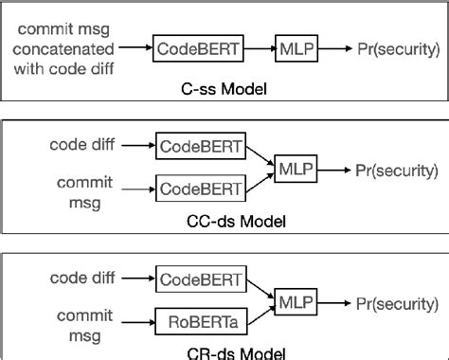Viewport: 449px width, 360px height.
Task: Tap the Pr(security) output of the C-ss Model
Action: [397, 45]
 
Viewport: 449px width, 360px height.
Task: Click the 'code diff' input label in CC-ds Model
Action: [80, 148]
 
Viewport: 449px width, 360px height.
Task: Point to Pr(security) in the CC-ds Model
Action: [397, 170]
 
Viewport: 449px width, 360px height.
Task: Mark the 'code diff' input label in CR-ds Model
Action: [80, 280]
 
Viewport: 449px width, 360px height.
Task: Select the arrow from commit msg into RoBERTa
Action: [137, 321]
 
